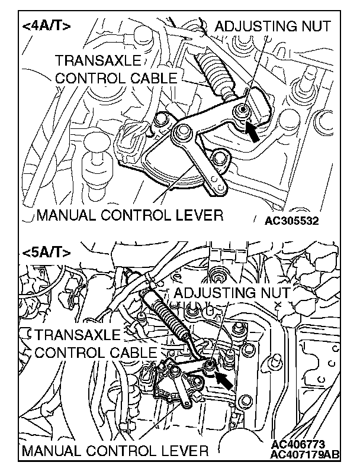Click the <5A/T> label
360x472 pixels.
coord(47,252)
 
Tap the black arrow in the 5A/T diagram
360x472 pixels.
coord(223,377)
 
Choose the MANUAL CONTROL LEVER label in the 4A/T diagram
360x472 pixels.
coord(130,215)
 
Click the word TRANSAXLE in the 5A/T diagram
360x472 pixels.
coord(77,335)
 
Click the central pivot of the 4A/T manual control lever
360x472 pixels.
coord(177,135)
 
